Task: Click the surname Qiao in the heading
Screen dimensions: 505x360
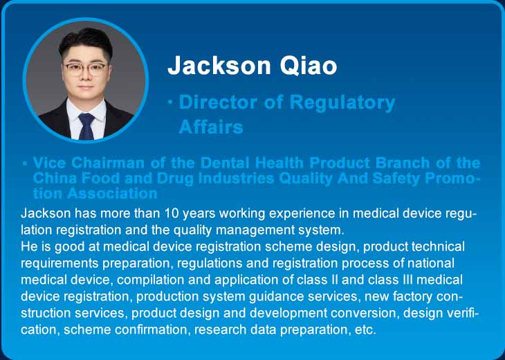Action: coord(309,66)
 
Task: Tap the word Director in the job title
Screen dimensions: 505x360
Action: coord(218,102)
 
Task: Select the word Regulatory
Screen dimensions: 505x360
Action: coord(342,103)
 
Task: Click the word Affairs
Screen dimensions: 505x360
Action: coord(210,127)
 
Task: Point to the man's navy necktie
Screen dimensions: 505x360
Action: coord(86,126)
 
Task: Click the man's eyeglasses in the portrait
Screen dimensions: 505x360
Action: coord(85,68)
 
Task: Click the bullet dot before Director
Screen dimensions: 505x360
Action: coord(170,102)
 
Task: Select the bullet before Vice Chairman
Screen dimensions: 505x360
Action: coord(25,163)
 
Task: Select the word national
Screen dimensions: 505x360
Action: coord(431,263)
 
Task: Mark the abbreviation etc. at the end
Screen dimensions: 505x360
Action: coord(365,330)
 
